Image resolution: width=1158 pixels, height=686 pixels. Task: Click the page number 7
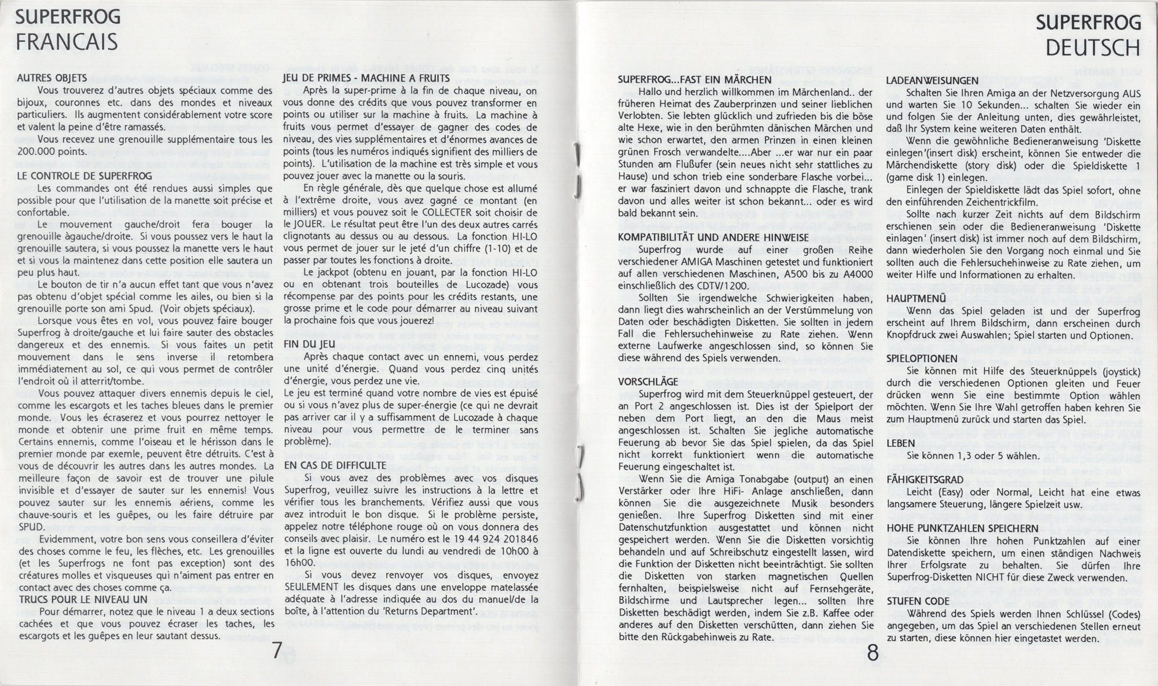pyautogui.click(x=277, y=651)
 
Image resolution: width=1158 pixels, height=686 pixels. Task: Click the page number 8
pyautogui.click(x=873, y=654)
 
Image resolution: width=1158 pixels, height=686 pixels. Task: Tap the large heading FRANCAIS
pyautogui.click(x=67, y=42)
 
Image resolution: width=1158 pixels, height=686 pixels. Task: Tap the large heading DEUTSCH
pyautogui.click(x=1093, y=48)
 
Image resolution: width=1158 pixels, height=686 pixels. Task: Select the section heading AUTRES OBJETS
pyautogui.click(x=52, y=78)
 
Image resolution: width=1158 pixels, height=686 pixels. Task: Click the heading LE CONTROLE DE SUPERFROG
pyautogui.click(x=85, y=176)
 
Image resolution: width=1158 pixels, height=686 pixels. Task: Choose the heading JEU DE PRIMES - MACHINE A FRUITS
pyautogui.click(x=366, y=78)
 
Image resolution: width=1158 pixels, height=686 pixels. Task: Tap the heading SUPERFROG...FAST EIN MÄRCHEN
pyautogui.click(x=695, y=80)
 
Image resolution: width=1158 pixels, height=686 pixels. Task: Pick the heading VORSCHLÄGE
pyautogui.click(x=648, y=381)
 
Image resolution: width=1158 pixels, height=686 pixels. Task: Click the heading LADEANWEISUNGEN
pyautogui.click(x=932, y=80)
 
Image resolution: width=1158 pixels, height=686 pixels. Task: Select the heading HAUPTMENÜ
pyautogui.click(x=916, y=299)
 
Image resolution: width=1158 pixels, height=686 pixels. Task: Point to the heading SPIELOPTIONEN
pyautogui.click(x=922, y=359)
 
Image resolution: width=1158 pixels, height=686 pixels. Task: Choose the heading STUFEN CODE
pyautogui.click(x=918, y=601)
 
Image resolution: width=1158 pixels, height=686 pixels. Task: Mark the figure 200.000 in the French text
pyautogui.click(x=37, y=152)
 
